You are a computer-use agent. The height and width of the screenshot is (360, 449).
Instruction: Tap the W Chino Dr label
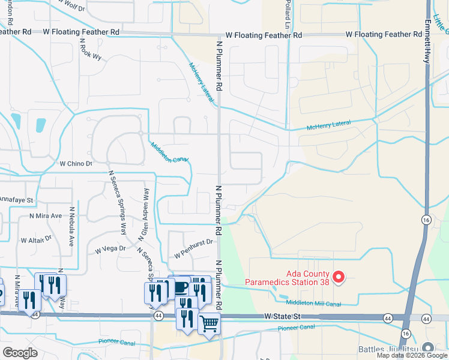tap(76, 163)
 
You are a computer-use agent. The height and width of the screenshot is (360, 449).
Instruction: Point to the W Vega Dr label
tap(109, 248)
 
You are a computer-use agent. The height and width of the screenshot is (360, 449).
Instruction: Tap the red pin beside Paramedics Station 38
tap(339, 277)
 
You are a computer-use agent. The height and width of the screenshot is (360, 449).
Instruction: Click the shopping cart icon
tap(209, 324)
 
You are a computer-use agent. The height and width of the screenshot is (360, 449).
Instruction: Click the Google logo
tap(20, 353)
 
